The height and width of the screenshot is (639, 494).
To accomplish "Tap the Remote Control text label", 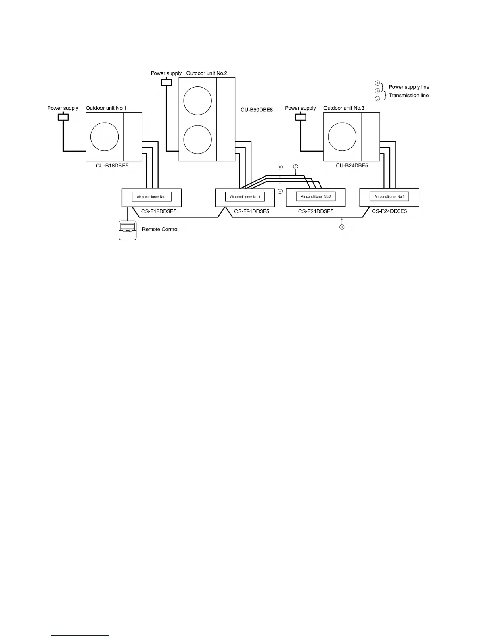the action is coord(160,229).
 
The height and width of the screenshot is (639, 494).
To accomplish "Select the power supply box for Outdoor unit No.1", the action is coord(63,117).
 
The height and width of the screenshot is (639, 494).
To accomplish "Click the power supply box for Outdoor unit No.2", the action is coord(166,82).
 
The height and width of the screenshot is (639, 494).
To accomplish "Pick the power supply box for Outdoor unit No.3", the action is coord(301,117).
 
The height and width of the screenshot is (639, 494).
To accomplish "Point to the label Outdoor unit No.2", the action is coord(207,73).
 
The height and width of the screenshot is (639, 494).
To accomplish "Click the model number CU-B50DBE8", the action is coord(254,110).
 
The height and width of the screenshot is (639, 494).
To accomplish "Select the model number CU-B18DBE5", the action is coord(112,165).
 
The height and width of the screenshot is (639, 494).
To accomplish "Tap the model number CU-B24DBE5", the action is coord(352,165).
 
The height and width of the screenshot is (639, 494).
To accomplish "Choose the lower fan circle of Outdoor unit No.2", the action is coord(197,140).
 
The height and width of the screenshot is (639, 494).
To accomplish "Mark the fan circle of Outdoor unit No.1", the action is coord(105,137).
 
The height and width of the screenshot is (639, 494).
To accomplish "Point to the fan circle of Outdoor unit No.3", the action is coord(342,137).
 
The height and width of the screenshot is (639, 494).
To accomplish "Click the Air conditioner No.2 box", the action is coord(316,197).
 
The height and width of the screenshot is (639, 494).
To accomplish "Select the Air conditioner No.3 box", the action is coord(389,197).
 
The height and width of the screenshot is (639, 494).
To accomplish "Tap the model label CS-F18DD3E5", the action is coord(159,211).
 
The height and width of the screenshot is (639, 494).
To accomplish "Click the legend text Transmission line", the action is coord(409,96).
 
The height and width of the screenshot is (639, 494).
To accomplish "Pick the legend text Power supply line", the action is coord(409,87).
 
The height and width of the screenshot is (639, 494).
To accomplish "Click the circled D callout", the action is coord(342,227).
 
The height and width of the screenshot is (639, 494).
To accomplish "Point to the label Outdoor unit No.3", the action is coord(344,108).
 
